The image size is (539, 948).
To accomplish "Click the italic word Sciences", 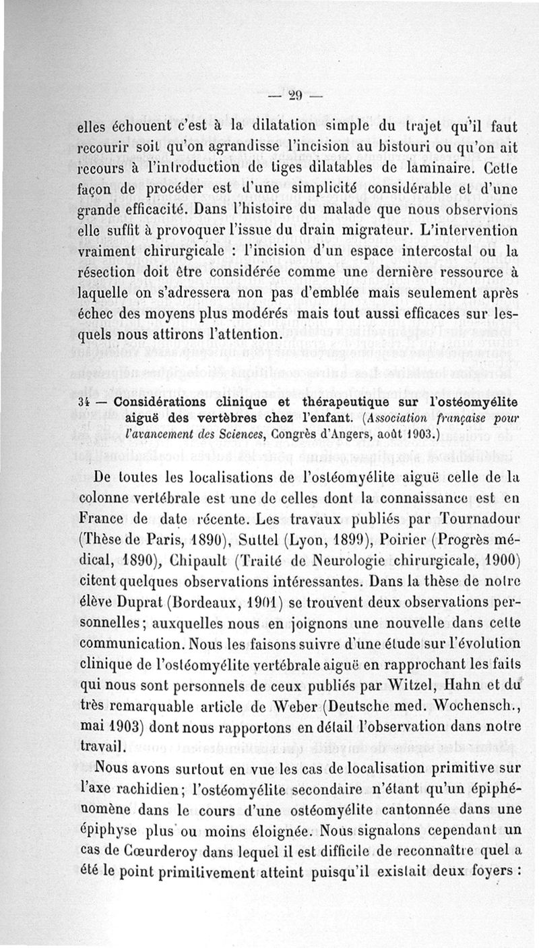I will point(225,436).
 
